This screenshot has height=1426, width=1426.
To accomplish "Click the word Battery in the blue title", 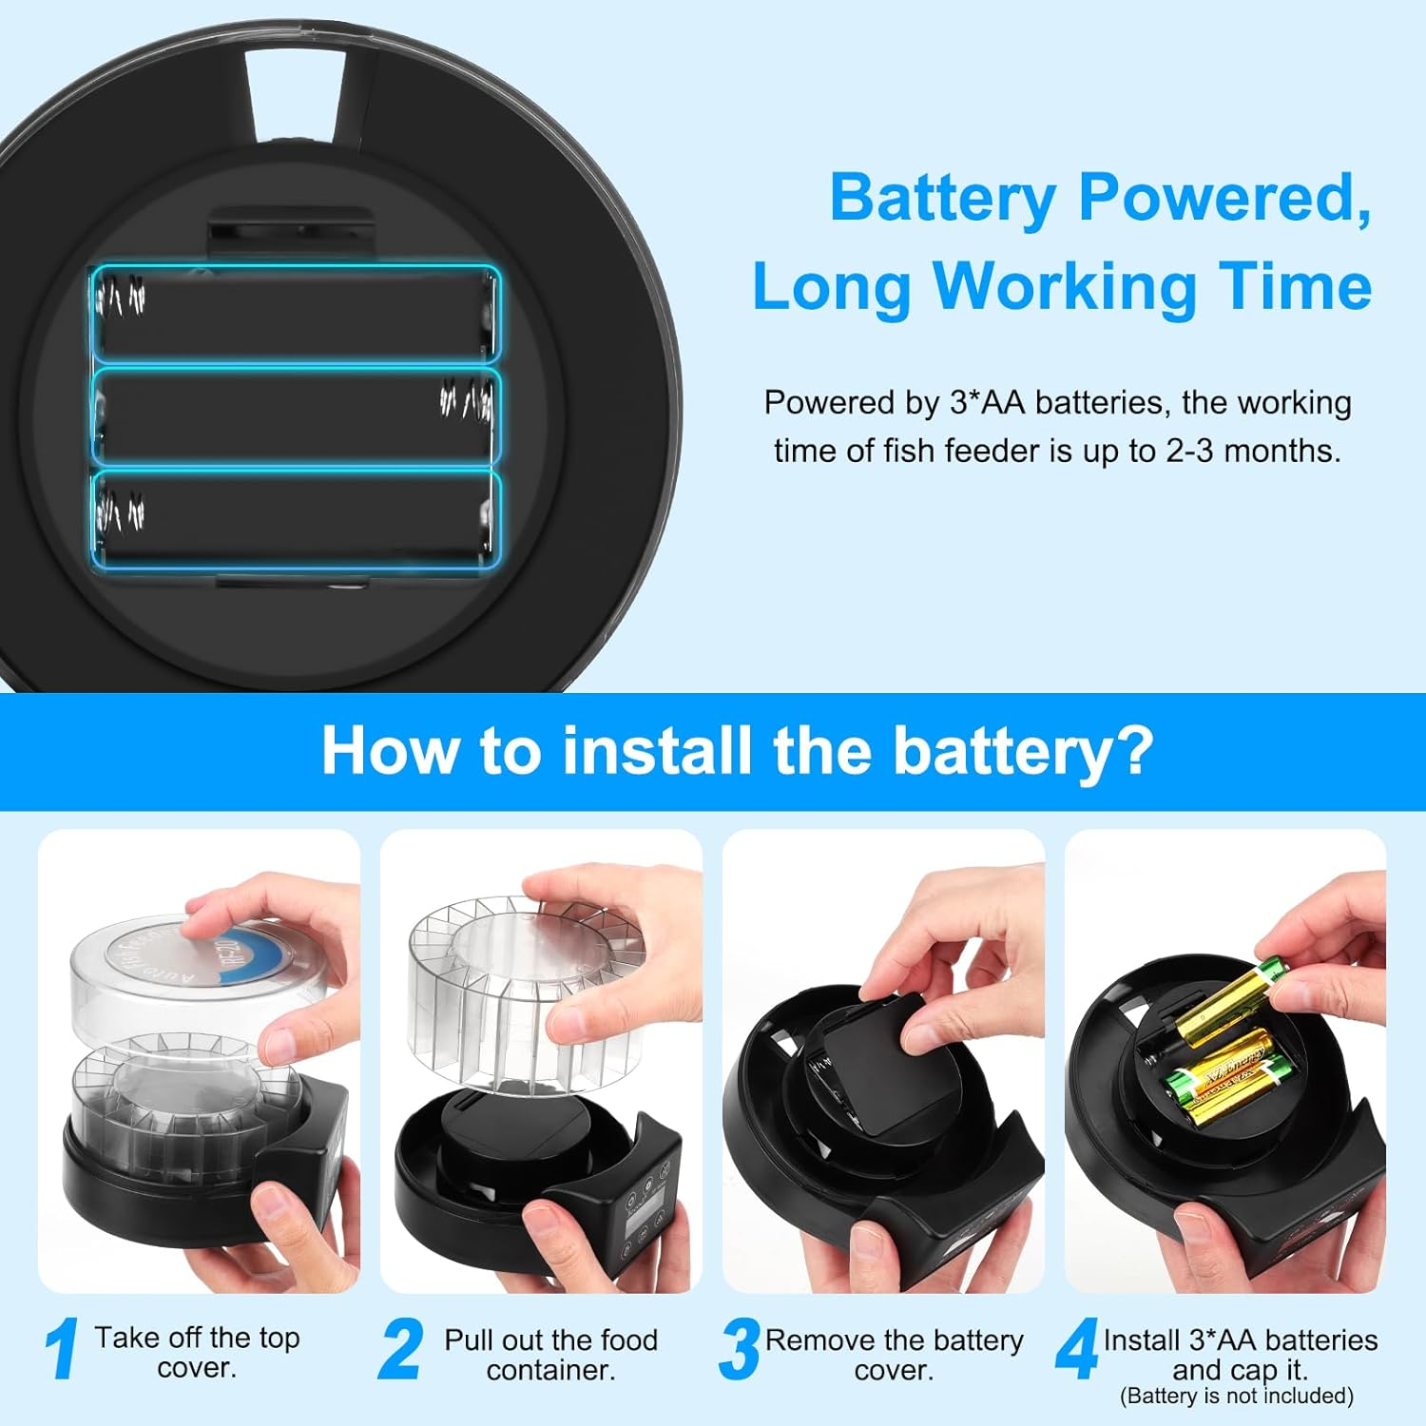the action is [943, 198].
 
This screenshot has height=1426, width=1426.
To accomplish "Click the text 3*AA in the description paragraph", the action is [987, 402].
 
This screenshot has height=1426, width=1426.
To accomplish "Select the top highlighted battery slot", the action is [295, 314].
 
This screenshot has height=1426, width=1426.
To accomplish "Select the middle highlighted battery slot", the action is [295, 416].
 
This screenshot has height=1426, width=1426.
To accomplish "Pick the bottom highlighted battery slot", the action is [295, 519].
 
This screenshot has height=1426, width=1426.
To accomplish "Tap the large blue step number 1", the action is [62, 1348].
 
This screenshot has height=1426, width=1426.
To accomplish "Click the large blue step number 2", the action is [399, 1348].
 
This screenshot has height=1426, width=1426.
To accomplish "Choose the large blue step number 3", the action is [740, 1348].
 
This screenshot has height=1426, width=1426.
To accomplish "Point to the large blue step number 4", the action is [1077, 1348].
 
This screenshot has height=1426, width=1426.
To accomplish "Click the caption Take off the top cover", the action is [197, 1352].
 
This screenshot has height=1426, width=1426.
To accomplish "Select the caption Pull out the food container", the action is [551, 1354].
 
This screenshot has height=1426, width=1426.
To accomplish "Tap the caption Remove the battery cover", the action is [895, 1354].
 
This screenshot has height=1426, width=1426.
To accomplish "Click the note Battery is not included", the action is [1237, 1396].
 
